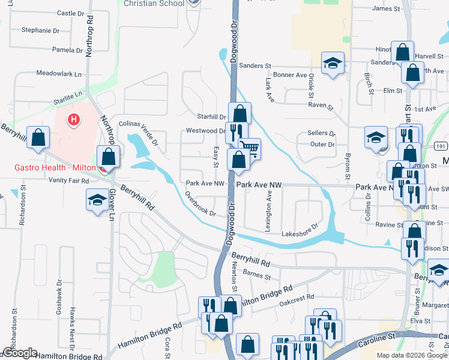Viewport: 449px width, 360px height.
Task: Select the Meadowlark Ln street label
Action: click(x=59, y=74)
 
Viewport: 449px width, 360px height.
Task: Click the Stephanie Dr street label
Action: click(x=40, y=29)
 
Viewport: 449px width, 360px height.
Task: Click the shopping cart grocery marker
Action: click(x=249, y=148)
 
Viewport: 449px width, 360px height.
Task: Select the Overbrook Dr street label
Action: click(x=200, y=204)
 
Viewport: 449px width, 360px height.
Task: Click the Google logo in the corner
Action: click(x=19, y=353)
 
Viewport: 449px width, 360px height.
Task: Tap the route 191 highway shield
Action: click(x=440, y=146)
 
